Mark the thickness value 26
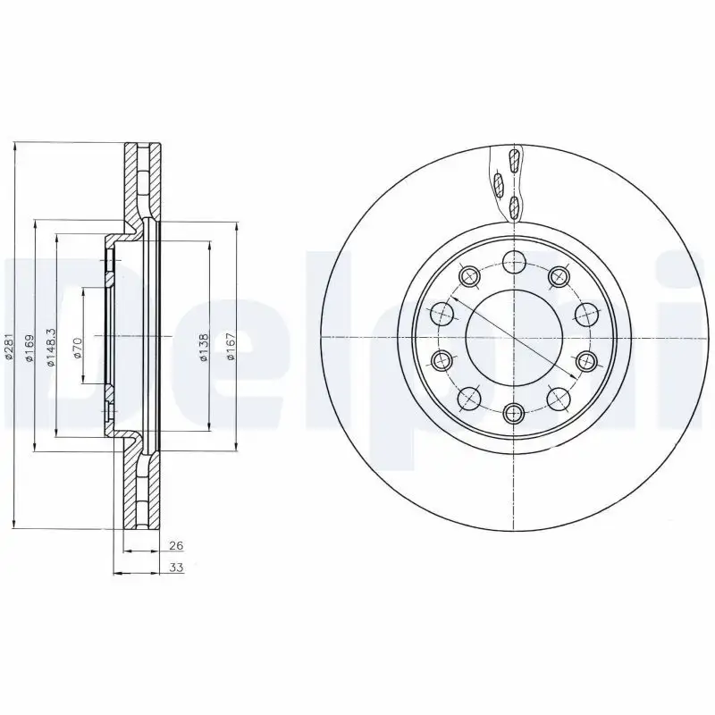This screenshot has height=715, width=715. (175, 546)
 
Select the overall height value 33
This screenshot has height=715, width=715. (176, 568)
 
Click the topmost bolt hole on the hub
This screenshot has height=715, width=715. (513, 262)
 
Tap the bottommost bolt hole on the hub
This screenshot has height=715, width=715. (513, 412)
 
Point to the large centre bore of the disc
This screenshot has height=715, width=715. (513, 338)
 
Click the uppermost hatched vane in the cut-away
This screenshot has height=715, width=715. (513, 162)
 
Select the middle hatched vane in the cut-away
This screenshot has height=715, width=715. (500, 185)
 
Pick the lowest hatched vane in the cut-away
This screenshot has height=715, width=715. (513, 208)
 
